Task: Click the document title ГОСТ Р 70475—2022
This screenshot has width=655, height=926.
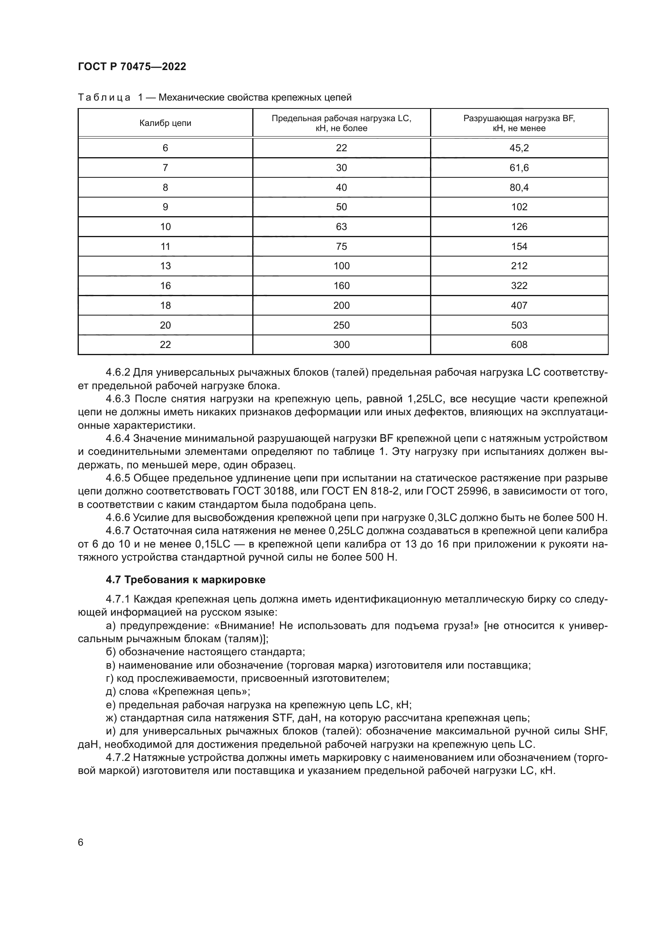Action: coord(132,67)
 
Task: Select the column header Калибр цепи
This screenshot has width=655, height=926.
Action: coord(166,123)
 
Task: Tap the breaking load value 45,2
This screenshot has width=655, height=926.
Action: coord(519,148)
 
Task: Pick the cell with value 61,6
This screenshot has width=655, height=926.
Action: coord(519,168)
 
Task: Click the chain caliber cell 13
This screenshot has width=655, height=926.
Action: coord(166,266)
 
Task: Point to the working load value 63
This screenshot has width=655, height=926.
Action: coord(341,227)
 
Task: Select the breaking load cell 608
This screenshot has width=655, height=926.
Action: coord(519,344)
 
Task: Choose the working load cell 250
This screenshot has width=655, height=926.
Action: coord(341,325)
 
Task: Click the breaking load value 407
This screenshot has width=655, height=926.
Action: coord(519,305)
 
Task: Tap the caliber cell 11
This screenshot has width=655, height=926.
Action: coord(166,246)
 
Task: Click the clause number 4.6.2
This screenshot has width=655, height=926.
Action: coord(117,372)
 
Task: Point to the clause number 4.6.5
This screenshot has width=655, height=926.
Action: coord(117,478)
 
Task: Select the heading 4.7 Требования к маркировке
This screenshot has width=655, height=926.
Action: coord(185,580)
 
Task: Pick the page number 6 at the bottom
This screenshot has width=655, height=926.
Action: coord(81,842)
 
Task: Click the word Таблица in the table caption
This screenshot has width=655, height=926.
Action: coord(104,98)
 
